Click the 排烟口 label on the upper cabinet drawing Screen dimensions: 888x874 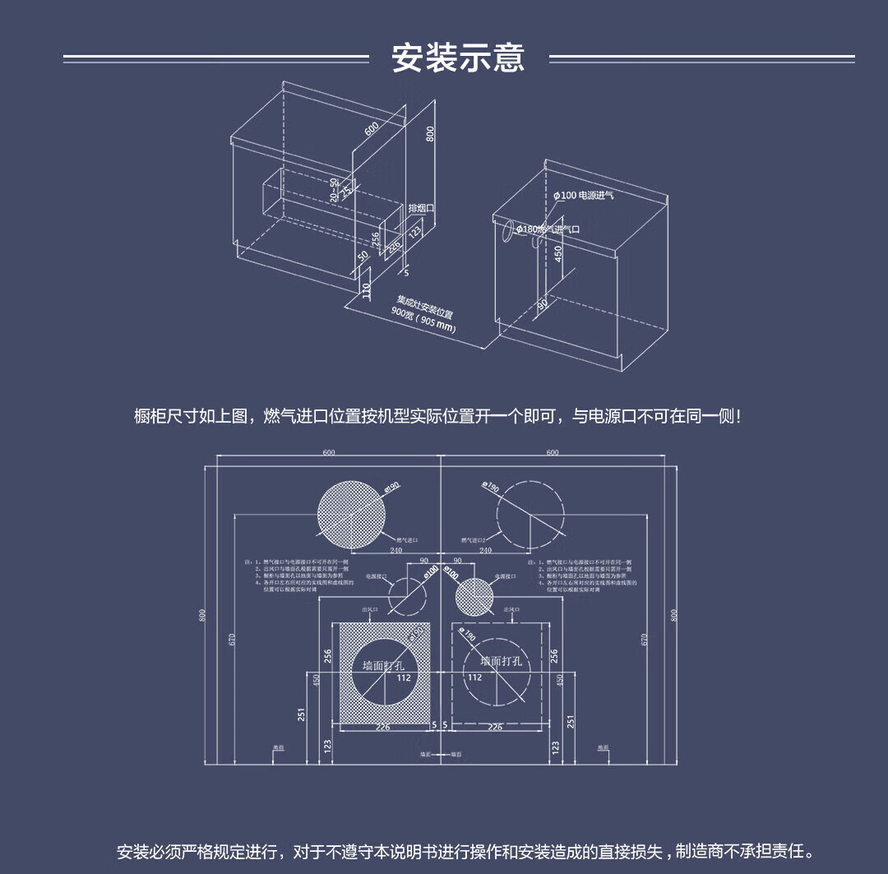coord(421,209)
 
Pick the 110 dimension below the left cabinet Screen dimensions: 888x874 coord(367,290)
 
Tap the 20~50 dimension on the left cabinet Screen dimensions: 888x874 coord(335,190)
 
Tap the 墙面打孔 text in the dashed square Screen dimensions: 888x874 coord(502,661)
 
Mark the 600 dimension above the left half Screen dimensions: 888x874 coord(329,453)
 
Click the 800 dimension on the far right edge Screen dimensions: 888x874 coord(674,615)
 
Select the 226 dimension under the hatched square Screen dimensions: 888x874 coord(382,727)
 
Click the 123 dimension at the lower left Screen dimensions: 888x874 coord(328,747)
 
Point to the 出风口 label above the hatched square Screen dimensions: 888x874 coord(370,609)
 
